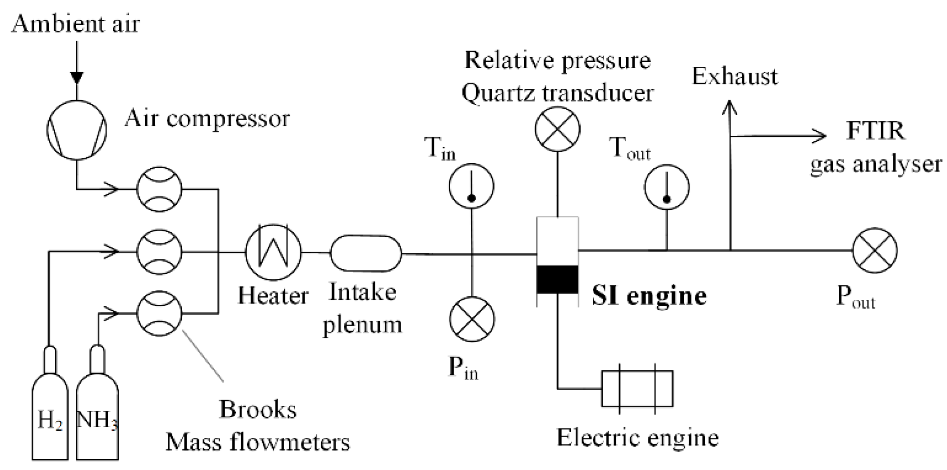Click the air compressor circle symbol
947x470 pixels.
pyautogui.click(x=77, y=130)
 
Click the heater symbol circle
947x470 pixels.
pyautogui.click(x=273, y=252)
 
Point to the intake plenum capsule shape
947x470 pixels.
pyautogui.click(x=366, y=253)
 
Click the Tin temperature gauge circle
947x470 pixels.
pyautogui.click(x=471, y=186)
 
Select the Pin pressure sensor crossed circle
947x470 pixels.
pyautogui.click(x=472, y=319)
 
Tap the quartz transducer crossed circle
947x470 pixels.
pyautogui.click(x=558, y=129)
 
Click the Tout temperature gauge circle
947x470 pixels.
pyautogui.click(x=667, y=187)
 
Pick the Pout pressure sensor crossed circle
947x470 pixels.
pyautogui.click(x=875, y=250)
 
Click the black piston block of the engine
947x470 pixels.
pyautogui.click(x=558, y=279)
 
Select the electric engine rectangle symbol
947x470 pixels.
pyautogui.click(x=637, y=389)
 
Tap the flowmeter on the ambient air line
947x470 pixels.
pyautogui.click(x=159, y=189)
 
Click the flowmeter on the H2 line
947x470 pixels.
pyautogui.click(x=159, y=252)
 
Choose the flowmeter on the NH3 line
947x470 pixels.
pyautogui.click(x=159, y=313)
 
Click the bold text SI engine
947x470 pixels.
pyautogui.click(x=649, y=296)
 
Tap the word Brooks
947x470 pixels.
pyautogui.click(x=258, y=410)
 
